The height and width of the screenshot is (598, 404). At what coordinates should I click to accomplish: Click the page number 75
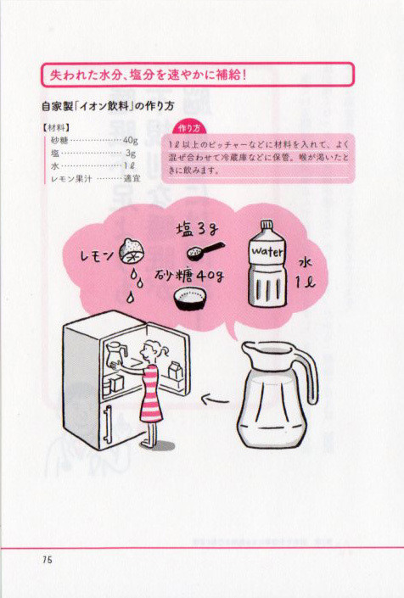click(48, 560)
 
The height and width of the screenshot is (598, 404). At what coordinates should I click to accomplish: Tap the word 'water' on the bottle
click(267, 251)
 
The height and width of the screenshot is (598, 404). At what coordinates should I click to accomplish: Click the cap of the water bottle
click(267, 225)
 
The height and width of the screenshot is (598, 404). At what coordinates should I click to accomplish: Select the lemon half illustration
click(132, 250)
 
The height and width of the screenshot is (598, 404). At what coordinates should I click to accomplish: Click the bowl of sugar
click(190, 298)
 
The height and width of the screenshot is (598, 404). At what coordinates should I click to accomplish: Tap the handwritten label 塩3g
click(197, 230)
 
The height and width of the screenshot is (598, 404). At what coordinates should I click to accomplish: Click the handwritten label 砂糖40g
click(188, 275)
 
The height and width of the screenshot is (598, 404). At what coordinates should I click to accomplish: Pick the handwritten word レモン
click(97, 255)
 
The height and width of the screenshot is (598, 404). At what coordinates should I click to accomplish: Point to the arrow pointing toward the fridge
click(216, 400)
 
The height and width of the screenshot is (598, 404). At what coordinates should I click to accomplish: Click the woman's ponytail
click(164, 350)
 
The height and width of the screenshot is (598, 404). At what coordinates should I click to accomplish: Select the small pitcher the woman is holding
click(114, 354)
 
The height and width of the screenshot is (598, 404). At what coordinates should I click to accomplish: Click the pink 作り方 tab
click(188, 129)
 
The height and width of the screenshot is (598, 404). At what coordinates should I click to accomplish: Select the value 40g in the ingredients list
click(131, 140)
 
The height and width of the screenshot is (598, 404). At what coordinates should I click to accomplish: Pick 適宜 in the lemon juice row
click(132, 178)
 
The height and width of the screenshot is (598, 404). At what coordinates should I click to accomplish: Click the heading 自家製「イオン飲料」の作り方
click(108, 106)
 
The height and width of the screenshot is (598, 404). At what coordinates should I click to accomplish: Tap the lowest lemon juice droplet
click(131, 297)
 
